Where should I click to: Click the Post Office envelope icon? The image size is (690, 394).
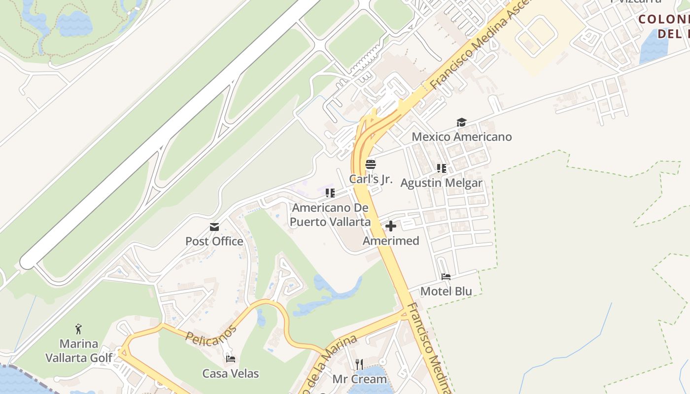click(x=214, y=227)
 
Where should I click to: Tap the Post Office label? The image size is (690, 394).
click(x=214, y=241)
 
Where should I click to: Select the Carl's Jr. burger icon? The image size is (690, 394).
click(x=371, y=164)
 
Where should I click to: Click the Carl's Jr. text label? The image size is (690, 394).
click(x=371, y=179)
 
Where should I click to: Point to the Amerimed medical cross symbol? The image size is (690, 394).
click(x=391, y=227)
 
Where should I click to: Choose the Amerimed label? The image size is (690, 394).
click(x=391, y=241)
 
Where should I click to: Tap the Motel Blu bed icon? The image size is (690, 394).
click(x=446, y=277)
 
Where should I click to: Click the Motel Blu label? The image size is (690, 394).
click(x=446, y=291)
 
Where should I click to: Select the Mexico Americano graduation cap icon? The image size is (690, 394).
click(x=461, y=123)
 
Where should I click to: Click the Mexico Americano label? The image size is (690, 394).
click(x=462, y=136)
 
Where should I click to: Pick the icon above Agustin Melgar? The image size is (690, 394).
click(x=442, y=168)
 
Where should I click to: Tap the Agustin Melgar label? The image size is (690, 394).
click(x=442, y=183)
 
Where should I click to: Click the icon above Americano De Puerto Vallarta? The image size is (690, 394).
click(x=330, y=193)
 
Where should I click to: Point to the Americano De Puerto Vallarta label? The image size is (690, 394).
click(x=330, y=215)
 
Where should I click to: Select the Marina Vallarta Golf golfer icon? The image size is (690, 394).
click(x=79, y=328)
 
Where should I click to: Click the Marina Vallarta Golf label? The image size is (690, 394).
click(x=79, y=351)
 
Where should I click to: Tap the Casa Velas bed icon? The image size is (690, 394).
click(x=230, y=359)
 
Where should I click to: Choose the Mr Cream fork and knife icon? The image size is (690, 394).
click(x=359, y=364)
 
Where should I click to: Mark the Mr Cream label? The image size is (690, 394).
click(x=359, y=379)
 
